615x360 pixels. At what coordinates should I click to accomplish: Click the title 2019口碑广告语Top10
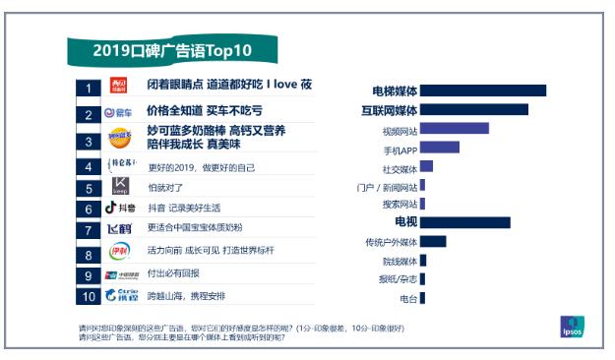pyautogui.click(x=171, y=50)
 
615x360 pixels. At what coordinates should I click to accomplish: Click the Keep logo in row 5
pyautogui.click(x=119, y=186)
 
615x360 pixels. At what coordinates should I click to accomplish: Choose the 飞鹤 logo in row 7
pyautogui.click(x=118, y=229)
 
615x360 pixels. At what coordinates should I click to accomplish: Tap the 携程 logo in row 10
pyautogui.click(x=118, y=294)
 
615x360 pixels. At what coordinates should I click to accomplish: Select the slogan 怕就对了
pyautogui.click(x=165, y=186)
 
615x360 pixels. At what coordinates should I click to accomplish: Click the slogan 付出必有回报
pyautogui.click(x=173, y=273)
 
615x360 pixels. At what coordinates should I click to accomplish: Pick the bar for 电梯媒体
pyautogui.click(x=483, y=91)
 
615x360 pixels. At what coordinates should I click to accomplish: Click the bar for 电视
pyautogui.click(x=465, y=222)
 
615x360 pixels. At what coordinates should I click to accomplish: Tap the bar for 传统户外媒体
pyautogui.click(x=433, y=241)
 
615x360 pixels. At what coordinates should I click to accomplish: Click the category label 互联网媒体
pyautogui.click(x=389, y=110)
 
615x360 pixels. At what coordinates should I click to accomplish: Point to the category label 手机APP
pyautogui.click(x=400, y=150)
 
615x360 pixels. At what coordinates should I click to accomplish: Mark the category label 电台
pyautogui.click(x=407, y=297)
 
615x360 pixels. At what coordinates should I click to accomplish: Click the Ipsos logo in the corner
pyautogui.click(x=573, y=324)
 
